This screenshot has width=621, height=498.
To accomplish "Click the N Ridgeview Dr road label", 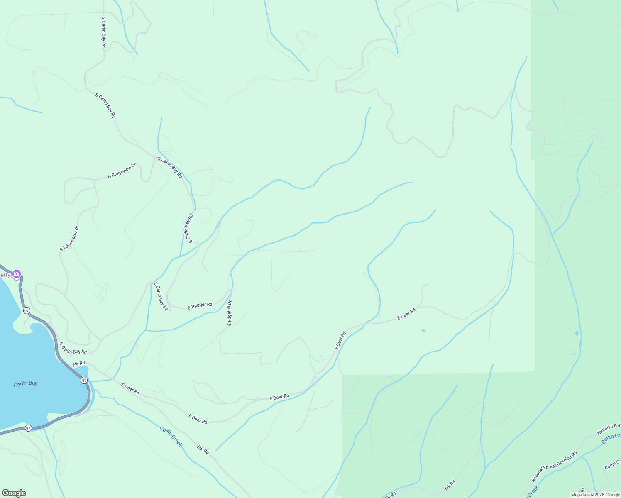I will [x=122, y=171].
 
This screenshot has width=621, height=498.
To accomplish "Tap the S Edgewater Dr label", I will [x=69, y=239].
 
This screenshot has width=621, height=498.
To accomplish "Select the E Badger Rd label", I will [x=200, y=306].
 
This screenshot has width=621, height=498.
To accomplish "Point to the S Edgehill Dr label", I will [x=230, y=313].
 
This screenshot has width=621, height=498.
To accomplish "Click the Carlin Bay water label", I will [x=25, y=383].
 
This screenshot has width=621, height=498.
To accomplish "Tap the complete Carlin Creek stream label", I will [x=171, y=436].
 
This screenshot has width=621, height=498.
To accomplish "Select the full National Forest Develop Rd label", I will [x=554, y=466].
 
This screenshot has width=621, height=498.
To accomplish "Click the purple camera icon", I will [x=17, y=273].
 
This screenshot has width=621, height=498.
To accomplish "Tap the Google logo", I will [x=14, y=493].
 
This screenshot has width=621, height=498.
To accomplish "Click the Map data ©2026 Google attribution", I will [x=595, y=495].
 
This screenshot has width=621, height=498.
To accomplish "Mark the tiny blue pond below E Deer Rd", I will [x=423, y=331].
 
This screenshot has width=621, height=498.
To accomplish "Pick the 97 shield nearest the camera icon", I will [x=27, y=310].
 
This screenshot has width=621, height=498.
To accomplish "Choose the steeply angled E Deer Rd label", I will [x=340, y=340].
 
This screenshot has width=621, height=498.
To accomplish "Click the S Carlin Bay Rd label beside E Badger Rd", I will [x=161, y=297].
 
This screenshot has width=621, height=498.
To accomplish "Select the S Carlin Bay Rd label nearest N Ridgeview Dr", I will [x=170, y=168].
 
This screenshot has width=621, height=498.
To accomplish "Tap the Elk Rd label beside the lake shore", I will [x=78, y=364].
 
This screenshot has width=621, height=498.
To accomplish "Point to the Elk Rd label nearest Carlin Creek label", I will [x=203, y=449].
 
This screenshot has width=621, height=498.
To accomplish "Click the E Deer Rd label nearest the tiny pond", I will [x=406, y=314].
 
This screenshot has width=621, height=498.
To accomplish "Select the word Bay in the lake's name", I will [x=33, y=383].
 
